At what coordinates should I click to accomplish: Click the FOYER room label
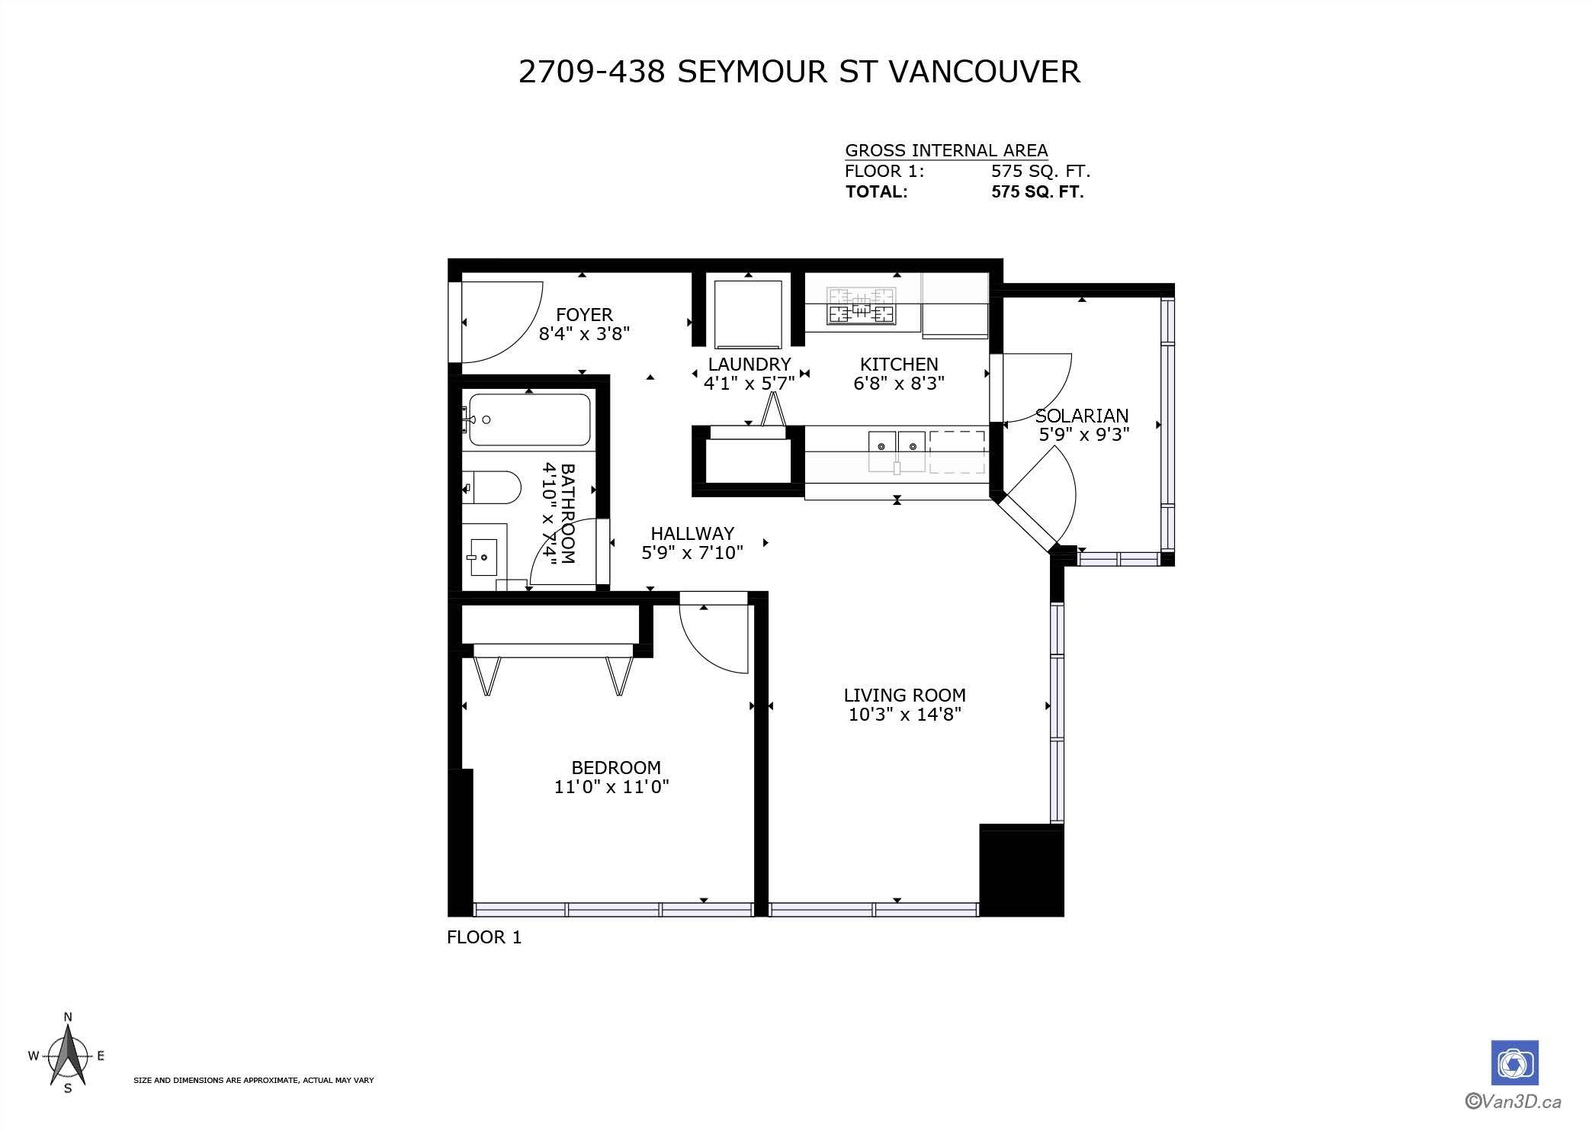[584, 314]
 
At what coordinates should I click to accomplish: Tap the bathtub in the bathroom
[529, 419]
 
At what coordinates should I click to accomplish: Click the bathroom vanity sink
[483, 557]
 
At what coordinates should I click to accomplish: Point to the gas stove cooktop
[862, 305]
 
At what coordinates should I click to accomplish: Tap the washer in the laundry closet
[748, 313]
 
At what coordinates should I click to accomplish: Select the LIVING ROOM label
[904, 695]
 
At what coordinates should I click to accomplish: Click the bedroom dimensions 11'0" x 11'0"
[611, 786]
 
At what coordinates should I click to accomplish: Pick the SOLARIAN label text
[1082, 416]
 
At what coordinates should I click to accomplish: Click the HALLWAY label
[692, 533]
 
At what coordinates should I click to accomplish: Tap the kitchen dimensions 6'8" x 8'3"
[899, 383]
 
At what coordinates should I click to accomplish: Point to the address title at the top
[799, 72]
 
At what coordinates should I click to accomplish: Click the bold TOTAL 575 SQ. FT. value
[1037, 191]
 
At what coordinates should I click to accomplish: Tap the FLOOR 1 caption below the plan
[484, 937]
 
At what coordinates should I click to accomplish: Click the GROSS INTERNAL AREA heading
[946, 150]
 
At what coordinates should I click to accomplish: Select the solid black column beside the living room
[1022, 870]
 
